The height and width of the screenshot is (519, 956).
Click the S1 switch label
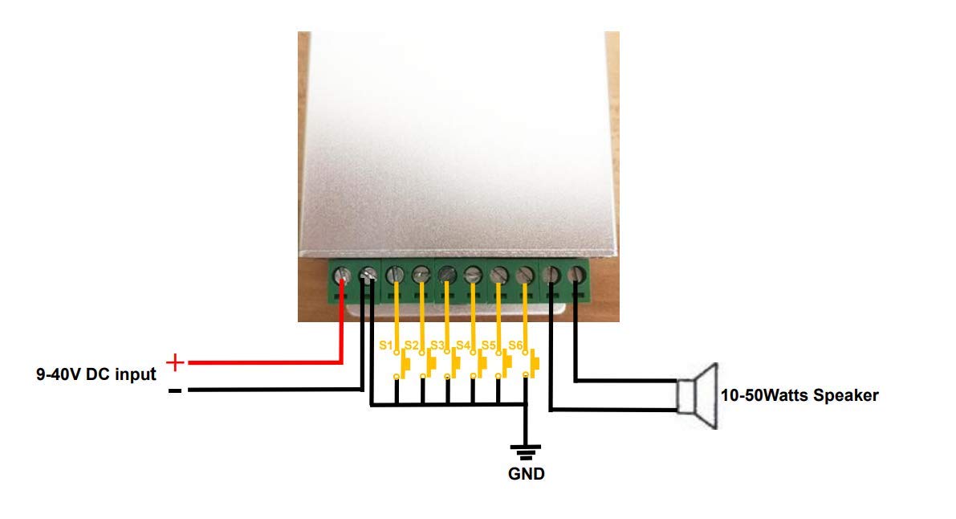tap(385, 345)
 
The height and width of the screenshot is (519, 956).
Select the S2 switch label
tap(412, 345)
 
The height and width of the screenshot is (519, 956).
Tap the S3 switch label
tap(437, 345)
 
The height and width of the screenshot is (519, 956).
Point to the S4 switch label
tap(463, 345)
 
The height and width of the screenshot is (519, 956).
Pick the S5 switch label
tap(488, 345)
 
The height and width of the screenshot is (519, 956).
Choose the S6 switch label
tap(515, 345)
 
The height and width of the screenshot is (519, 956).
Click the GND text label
tap(527, 474)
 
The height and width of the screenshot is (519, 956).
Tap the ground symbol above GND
tap(526, 452)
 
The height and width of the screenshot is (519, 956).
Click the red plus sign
tap(175, 362)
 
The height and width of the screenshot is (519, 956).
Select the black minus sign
tap(175, 390)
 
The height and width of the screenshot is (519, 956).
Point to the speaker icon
tap(698, 395)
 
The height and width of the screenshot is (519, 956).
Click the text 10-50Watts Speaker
tap(799, 395)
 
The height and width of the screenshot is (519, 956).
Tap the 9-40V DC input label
tap(96, 374)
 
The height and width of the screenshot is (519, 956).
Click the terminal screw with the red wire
tap(342, 276)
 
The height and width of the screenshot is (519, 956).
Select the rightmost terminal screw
tap(577, 276)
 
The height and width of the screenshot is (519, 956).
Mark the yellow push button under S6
tap(535, 364)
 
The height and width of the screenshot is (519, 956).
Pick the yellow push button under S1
tap(405, 364)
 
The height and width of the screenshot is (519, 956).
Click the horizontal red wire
tap(265, 362)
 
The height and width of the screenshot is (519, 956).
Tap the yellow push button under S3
tap(457, 364)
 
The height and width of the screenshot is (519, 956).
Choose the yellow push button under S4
tap(482, 364)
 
